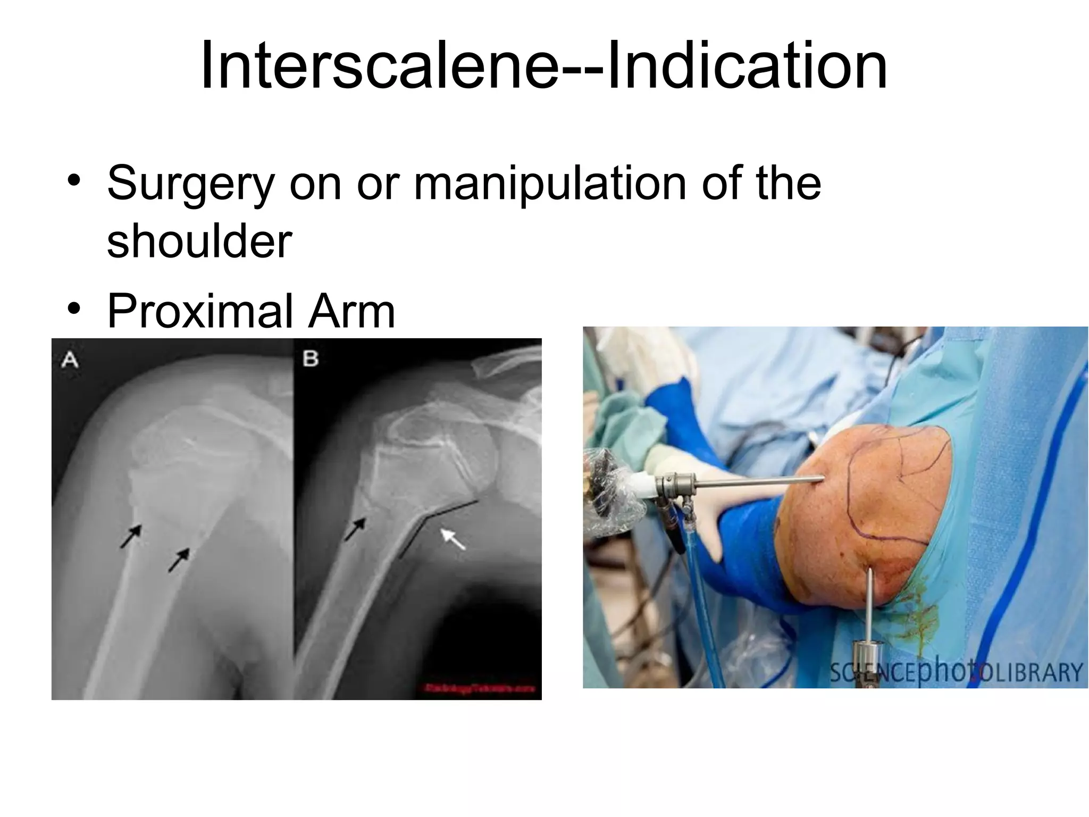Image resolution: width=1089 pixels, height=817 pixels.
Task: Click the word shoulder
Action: [x=199, y=242]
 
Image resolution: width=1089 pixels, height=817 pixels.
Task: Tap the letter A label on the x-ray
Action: [x=70, y=360]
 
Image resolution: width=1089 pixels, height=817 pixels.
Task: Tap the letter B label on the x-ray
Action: [x=311, y=359]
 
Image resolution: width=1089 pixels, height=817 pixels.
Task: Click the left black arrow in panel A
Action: [x=130, y=536]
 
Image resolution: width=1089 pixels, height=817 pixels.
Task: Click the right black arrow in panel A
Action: [x=179, y=560]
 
